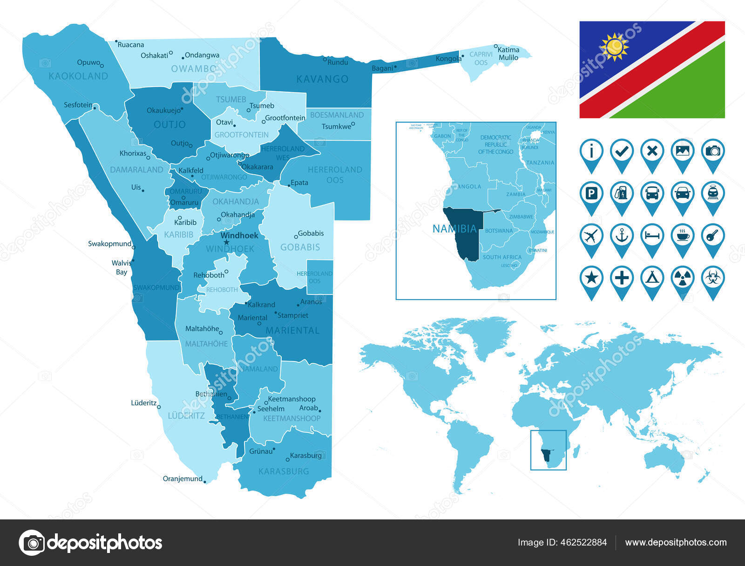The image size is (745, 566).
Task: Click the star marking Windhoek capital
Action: pos(227,242)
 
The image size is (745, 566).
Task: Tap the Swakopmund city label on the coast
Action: pos(110,244)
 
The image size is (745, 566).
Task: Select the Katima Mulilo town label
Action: pos(508,54)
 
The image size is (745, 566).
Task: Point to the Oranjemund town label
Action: pos(183,478)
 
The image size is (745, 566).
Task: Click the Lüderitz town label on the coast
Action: pos(143,402)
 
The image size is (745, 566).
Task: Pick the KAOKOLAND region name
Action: pos(78,76)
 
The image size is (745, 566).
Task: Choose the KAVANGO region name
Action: pos(322,79)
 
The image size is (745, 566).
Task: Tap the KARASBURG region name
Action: pos(284,471)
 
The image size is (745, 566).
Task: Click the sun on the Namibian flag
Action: pos(614,47)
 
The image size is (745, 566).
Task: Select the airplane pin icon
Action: pos(591,236)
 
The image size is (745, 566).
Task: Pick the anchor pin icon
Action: pos(622,236)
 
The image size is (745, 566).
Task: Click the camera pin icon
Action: pos(712,151)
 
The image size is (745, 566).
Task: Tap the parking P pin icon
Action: pos(591,193)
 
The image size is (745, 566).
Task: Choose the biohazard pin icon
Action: pos(712,279)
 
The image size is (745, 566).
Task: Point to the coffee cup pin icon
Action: pos(682,236)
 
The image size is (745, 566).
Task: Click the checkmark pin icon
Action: pos(622,151)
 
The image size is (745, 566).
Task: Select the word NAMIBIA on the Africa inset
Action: pos(454,229)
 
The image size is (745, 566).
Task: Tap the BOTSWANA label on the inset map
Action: pos(499,231)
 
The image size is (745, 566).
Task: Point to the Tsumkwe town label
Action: pos(336,127)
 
